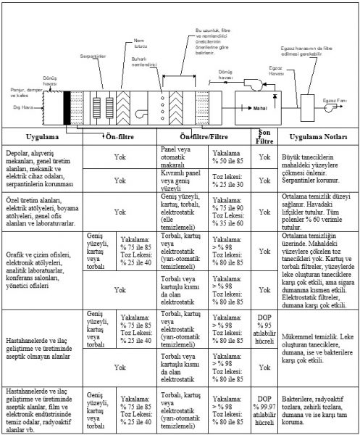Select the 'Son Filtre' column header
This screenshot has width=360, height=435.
click(x=264, y=136)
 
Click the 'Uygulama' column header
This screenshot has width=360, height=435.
click(x=43, y=136)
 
